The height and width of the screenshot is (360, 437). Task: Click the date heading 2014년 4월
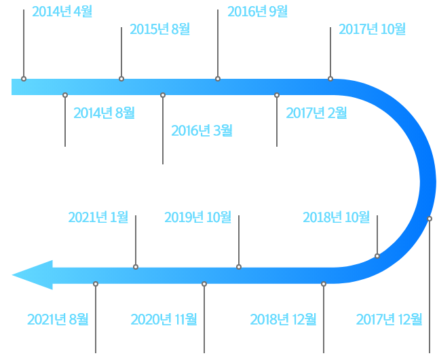[62, 12]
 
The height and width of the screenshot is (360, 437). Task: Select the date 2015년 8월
[159, 29]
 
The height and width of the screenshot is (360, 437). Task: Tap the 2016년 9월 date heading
[257, 12]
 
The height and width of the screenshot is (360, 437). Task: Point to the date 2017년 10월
[372, 29]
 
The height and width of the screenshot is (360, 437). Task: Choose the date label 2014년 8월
[104, 111]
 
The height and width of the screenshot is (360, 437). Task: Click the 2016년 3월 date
[202, 129]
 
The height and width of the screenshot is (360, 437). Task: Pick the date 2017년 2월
[316, 111]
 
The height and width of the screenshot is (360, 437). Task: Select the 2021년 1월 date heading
[98, 217]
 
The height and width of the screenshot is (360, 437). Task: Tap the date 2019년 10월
[198, 217]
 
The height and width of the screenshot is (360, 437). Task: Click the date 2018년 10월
[336, 217]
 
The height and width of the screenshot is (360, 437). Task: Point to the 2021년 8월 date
[58, 319]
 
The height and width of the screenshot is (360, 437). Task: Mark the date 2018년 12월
[283, 319]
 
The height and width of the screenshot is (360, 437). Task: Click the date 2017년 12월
[389, 319]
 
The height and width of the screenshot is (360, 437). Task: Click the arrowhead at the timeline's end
[27, 275]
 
